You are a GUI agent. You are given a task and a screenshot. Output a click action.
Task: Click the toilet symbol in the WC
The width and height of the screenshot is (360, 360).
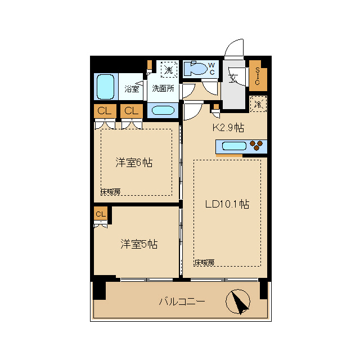[196, 68]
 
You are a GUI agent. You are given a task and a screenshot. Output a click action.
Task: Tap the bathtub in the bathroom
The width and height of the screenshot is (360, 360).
[105, 87]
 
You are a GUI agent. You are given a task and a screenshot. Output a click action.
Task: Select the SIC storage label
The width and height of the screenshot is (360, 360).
[258, 76]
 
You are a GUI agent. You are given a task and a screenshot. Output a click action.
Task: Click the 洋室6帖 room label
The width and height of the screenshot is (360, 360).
[134, 163]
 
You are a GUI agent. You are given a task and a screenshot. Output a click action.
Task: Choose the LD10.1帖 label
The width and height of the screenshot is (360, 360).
[227, 204]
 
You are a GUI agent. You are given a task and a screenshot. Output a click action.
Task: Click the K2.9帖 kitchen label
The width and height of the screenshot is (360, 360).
[228, 128]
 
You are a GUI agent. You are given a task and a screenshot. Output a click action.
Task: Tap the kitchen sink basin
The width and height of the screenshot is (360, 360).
[234, 146]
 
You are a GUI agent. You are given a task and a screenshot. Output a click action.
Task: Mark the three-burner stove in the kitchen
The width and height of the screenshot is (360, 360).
[256, 146]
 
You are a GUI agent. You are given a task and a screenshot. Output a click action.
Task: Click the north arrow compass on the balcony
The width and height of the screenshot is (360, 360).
[238, 301]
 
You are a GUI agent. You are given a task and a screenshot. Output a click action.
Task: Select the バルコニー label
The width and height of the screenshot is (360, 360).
[182, 301]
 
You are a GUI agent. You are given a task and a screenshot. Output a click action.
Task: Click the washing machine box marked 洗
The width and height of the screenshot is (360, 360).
[169, 70]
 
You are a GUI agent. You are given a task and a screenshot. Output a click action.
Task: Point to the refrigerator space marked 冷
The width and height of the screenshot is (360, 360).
[258, 104]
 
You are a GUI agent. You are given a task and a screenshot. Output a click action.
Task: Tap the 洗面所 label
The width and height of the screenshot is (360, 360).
[163, 88]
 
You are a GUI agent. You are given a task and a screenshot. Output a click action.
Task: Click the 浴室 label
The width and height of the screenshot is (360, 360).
[132, 89]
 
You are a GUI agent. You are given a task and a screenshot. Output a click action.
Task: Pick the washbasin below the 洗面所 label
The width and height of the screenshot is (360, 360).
[163, 110]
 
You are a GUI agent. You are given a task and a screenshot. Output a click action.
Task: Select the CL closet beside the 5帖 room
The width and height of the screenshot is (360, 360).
[101, 214]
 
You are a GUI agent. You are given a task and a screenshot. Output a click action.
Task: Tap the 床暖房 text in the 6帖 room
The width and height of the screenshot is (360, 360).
[111, 192]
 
